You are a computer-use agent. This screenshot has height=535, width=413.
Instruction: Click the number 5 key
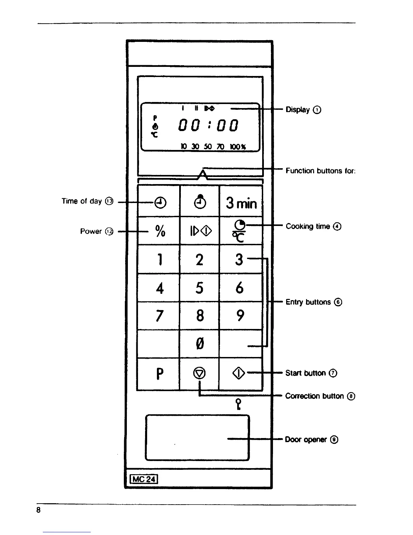point(199,288)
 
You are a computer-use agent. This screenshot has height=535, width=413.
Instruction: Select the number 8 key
point(200,316)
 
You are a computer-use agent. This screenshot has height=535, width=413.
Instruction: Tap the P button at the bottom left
point(160,374)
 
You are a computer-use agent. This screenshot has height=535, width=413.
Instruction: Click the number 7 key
point(160,316)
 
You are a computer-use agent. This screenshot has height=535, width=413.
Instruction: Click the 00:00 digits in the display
point(209,126)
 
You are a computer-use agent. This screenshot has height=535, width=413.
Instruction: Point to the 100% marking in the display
point(238,147)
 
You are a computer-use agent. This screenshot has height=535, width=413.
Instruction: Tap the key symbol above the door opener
point(239,404)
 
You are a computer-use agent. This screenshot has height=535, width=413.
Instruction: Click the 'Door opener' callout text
point(306,439)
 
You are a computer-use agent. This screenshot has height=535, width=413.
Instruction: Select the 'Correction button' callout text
point(314,396)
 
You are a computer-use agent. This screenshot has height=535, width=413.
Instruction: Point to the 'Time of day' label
point(82,201)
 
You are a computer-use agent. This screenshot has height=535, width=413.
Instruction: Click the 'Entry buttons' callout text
point(308,302)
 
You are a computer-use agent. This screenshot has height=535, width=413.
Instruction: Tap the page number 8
point(38,510)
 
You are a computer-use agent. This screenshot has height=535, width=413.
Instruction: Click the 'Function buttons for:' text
point(321,171)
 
